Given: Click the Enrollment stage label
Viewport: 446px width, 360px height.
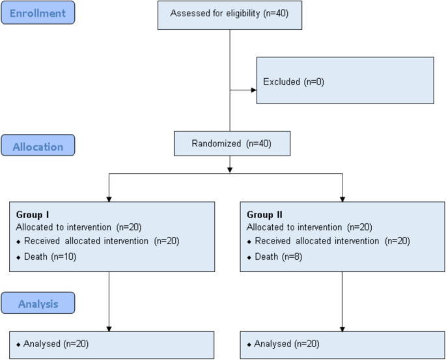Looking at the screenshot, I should pos(38,12).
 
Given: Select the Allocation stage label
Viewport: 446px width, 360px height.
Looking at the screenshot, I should pos(38,146).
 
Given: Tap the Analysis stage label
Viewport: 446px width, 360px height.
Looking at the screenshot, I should pos(38,303).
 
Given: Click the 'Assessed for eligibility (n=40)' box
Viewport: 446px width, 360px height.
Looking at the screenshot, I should pos(230,14).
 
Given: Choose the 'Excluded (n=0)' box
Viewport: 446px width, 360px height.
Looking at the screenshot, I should pos(344,81).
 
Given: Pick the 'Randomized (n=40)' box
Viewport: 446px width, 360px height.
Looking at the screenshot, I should pos(232,143).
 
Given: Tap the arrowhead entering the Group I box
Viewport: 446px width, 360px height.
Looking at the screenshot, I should pos(109,198).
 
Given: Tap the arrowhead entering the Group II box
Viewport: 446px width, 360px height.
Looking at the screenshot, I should pos(342,198).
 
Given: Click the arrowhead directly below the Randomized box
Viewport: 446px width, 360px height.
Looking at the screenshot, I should pos(230,169).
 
